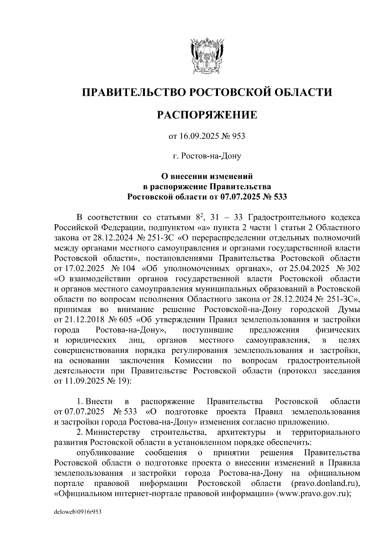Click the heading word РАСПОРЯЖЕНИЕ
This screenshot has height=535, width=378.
(x=207, y=115)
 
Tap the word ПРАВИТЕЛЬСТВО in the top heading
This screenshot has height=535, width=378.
(x=133, y=92)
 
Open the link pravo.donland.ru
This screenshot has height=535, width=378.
(x=325, y=483)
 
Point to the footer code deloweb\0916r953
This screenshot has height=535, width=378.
(x=77, y=512)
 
